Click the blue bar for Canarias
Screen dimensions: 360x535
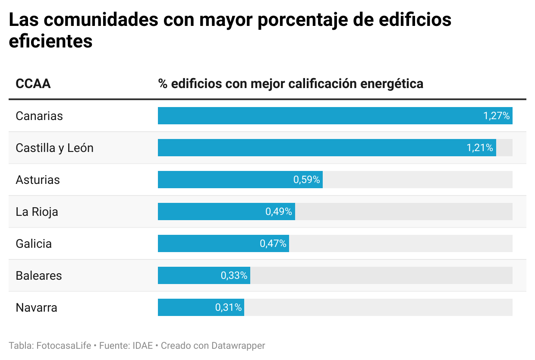[319, 116]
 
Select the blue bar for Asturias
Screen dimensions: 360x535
[224, 180]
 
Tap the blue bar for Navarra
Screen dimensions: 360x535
[186, 307]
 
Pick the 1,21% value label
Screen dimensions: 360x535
[480, 148]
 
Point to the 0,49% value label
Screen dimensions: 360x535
[279, 212]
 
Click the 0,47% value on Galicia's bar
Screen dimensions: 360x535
[273, 243]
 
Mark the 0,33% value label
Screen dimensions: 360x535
[234, 275]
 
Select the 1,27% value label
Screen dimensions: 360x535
[497, 116]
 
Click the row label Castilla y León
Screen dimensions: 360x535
[54, 148]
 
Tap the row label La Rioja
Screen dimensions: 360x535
[37, 212]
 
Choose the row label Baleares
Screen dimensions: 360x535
[39, 275]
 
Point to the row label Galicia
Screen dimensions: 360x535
[34, 243]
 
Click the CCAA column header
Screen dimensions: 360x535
[33, 83]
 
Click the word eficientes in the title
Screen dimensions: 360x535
[51, 41]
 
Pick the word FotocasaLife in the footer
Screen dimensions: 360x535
[64, 346]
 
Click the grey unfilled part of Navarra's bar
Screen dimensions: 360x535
[378, 307]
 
